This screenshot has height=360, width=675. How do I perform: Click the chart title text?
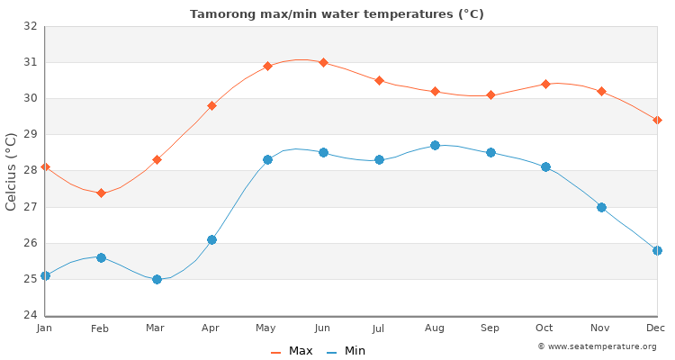tap(337, 13)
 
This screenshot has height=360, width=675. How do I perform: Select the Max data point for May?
tap(267, 66)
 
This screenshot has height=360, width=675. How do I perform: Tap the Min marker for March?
tap(157, 279)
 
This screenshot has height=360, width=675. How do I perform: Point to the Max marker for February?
tap(101, 193)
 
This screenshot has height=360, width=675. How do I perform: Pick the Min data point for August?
tap(435, 145)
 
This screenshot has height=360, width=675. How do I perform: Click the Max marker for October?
tap(545, 84)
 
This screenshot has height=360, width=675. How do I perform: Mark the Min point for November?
tap(601, 207)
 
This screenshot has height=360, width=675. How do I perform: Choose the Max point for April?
tap(211, 105)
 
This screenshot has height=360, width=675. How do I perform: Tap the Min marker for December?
tap(657, 250)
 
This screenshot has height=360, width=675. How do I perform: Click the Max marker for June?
tap(323, 62)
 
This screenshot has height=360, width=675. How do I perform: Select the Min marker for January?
tap(45, 275)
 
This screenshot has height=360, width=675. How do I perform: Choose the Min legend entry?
tap(346, 351)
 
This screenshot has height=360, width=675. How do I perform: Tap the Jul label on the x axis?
tap(378, 328)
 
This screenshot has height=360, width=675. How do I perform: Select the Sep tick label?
tap(490, 328)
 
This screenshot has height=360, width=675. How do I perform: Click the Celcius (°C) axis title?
tap(12, 171)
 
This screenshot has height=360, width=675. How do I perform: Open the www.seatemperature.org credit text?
tap(597, 346)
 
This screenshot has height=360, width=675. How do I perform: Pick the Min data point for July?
tap(379, 159)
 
